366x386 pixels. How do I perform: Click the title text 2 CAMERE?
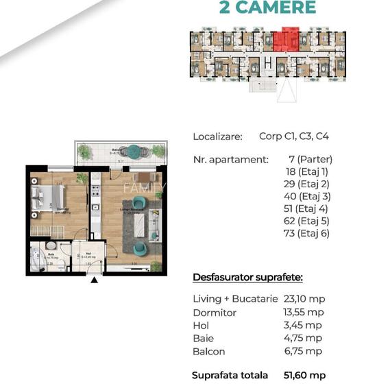(x=267, y=8)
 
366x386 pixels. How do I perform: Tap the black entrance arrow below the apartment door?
(x=94, y=279)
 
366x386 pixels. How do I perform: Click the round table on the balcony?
(x=134, y=152)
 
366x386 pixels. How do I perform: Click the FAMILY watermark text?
(x=144, y=187)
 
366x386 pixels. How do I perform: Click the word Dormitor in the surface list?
(x=215, y=313)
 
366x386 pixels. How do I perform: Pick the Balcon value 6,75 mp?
(x=305, y=352)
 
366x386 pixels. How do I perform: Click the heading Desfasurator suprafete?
(x=248, y=278)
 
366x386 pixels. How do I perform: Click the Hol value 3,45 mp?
(x=305, y=326)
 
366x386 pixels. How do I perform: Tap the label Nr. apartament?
(x=230, y=160)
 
